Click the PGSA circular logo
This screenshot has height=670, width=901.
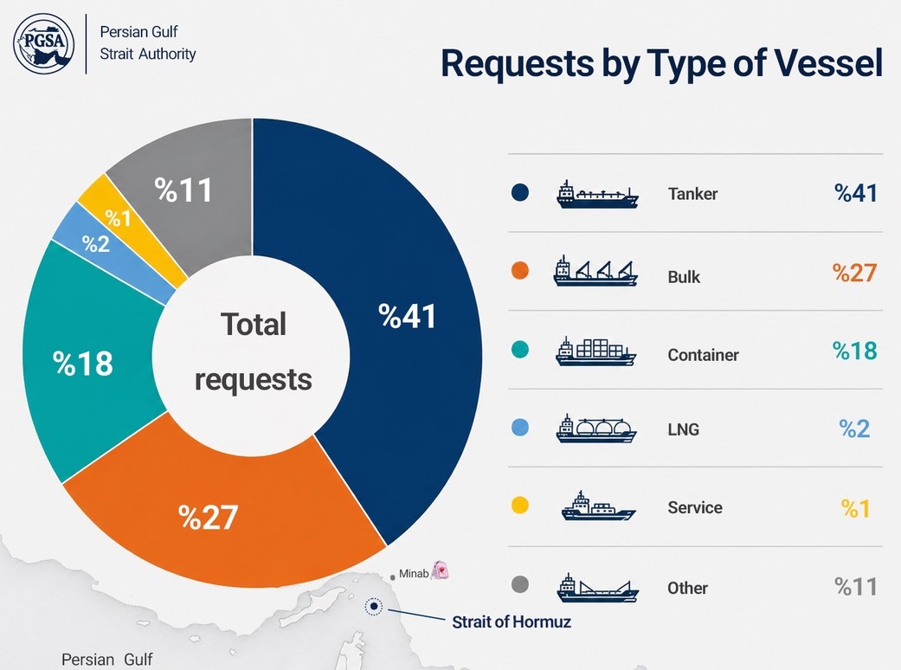[x=43, y=43]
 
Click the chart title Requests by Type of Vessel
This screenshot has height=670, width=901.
[x=661, y=63]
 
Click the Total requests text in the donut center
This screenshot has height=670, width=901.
[x=254, y=351]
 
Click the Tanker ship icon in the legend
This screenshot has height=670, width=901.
[x=597, y=194]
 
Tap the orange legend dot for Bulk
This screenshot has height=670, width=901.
[x=520, y=271]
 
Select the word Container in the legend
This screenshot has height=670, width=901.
[x=704, y=355]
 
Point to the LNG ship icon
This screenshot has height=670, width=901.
[x=596, y=428]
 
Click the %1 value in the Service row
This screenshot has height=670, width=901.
[x=856, y=508]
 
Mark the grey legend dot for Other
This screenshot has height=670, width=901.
[x=520, y=584]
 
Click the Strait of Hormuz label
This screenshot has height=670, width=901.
[x=512, y=622]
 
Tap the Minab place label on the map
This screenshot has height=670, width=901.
[x=414, y=573]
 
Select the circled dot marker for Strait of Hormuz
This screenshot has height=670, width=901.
[x=374, y=606]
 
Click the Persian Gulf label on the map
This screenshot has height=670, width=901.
[x=106, y=659]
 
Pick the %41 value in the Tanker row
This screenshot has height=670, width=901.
[x=856, y=193]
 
